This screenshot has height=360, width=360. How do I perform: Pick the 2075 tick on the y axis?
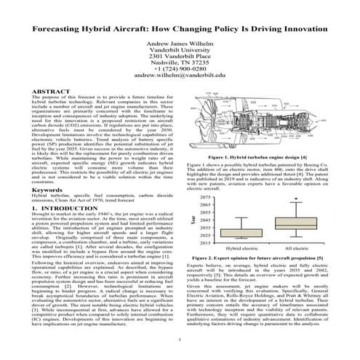point(204,198)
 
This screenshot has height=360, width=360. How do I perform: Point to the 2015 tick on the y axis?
point(204,244)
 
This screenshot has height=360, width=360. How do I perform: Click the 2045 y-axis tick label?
point(204,220)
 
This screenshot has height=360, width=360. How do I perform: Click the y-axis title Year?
point(193,220)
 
